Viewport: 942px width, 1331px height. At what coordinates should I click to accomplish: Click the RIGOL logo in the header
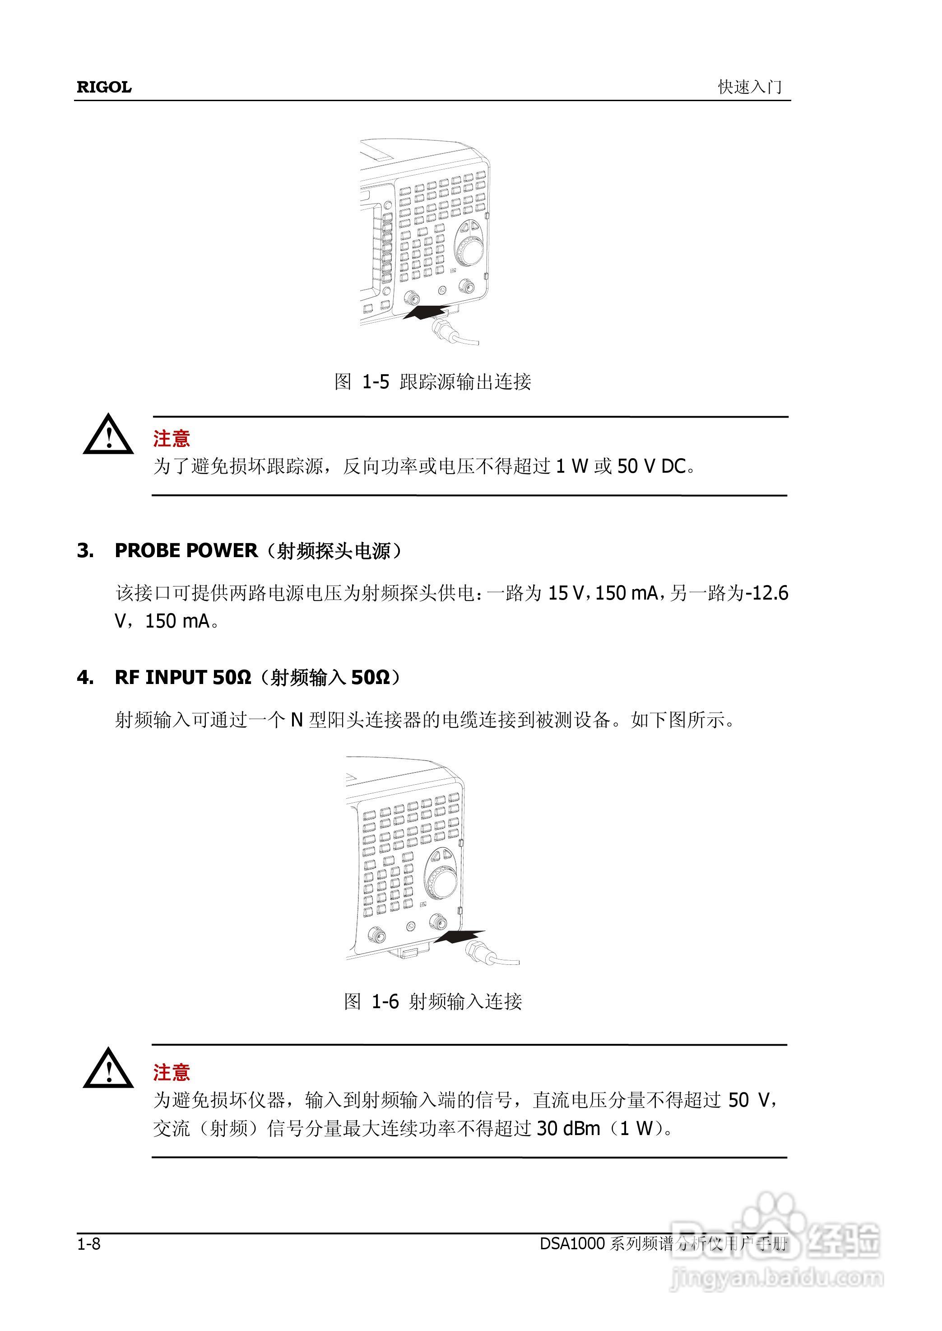104,87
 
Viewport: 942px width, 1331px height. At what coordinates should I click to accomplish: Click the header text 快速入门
749,87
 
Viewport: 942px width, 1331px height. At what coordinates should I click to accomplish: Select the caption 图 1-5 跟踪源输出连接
433,382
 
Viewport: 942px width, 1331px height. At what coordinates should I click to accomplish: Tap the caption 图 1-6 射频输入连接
433,1001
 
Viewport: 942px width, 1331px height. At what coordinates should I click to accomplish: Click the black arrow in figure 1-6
458,935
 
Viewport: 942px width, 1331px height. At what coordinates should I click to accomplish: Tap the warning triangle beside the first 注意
108,435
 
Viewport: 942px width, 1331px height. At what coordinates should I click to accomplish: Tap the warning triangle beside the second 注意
108,1069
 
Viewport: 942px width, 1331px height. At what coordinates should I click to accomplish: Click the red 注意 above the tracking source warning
172,439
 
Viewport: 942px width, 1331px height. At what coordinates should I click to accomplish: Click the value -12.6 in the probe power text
767,593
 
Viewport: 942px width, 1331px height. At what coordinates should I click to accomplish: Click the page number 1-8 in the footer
89,1244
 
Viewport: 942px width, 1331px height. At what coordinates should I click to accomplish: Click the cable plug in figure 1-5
443,331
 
